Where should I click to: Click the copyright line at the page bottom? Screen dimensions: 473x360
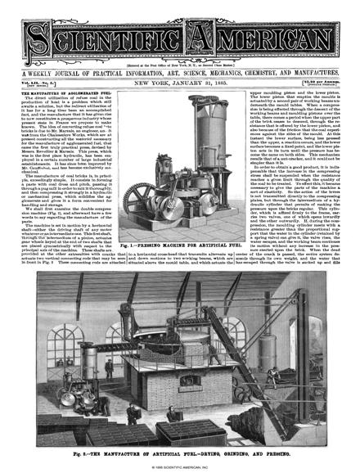pyautogui.click(x=179, y=466)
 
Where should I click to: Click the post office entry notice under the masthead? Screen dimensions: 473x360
pyautogui.click(x=179, y=52)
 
